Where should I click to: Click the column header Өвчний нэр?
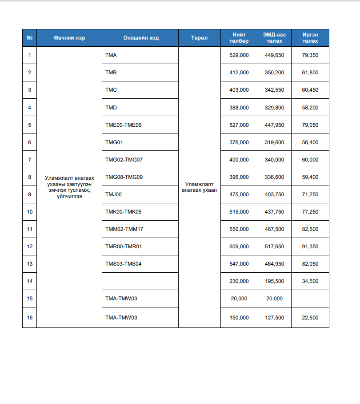click(69, 38)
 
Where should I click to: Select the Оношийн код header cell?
click(140, 38)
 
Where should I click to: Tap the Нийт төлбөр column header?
click(239, 38)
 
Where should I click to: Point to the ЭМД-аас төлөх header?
click(275, 38)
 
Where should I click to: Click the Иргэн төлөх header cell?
click(310, 38)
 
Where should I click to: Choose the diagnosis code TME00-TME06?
click(123, 125)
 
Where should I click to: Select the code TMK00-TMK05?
click(123, 212)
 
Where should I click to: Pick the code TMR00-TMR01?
click(123, 246)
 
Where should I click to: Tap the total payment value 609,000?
click(239, 246)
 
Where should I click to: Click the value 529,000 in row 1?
click(239, 55)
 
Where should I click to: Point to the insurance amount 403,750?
click(275, 194)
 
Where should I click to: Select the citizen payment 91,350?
click(310, 246)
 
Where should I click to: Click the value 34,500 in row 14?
click(310, 281)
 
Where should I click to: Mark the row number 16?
click(30, 318)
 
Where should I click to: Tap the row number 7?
click(30, 160)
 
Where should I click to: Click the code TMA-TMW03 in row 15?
click(121, 299)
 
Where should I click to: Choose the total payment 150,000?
click(239, 318)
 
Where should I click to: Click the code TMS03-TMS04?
click(123, 264)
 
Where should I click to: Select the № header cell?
click(30, 38)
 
